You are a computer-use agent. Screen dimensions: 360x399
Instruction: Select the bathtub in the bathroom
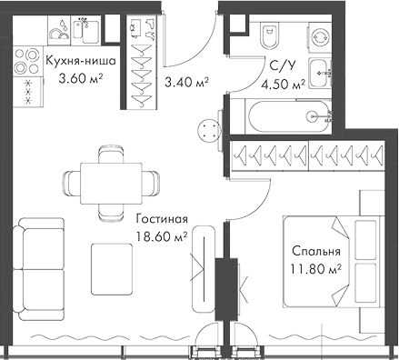[x=282, y=115]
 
